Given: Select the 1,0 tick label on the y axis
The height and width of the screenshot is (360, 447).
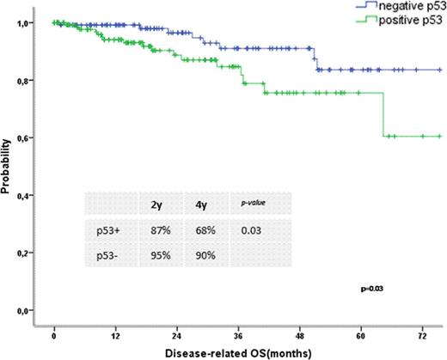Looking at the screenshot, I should point(29,22).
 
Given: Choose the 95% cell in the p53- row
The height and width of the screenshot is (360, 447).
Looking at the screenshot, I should point(158,255).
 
